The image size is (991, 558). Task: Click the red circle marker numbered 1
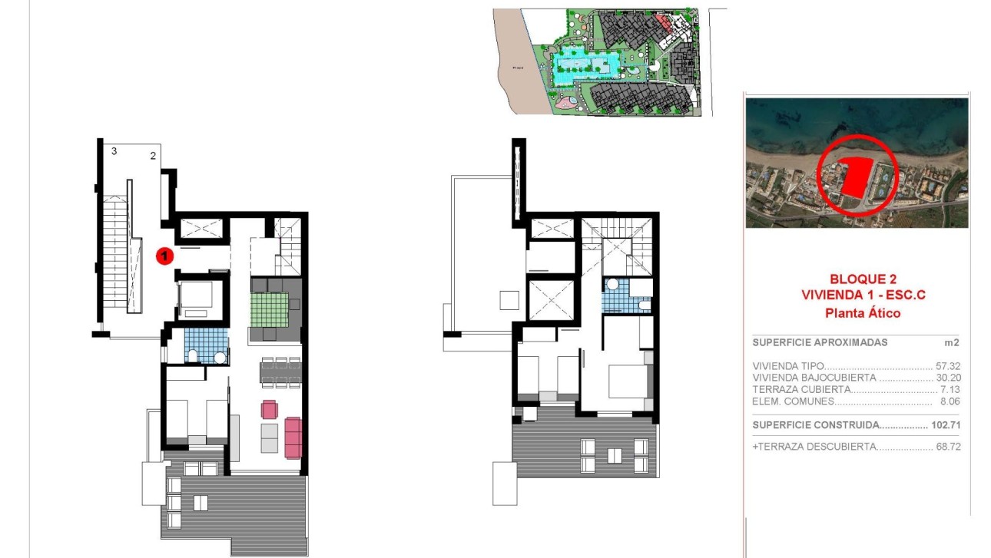(x=164, y=256)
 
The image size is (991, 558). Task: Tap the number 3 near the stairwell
(x=114, y=151)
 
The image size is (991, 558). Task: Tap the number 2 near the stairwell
(x=153, y=156)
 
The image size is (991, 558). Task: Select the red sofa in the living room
(x=293, y=436)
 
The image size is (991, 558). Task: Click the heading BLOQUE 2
(x=863, y=279)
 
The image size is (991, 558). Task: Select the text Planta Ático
(x=862, y=312)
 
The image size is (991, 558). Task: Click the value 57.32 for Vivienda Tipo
(x=949, y=367)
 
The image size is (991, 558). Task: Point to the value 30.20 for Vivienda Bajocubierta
(x=949, y=378)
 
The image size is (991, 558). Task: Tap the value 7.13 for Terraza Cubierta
(x=951, y=389)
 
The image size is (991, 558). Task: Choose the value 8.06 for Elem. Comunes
(x=951, y=401)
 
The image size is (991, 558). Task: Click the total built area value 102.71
(x=946, y=424)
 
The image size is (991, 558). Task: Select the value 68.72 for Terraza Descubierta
(x=948, y=446)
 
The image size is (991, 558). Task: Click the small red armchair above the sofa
(x=269, y=408)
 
